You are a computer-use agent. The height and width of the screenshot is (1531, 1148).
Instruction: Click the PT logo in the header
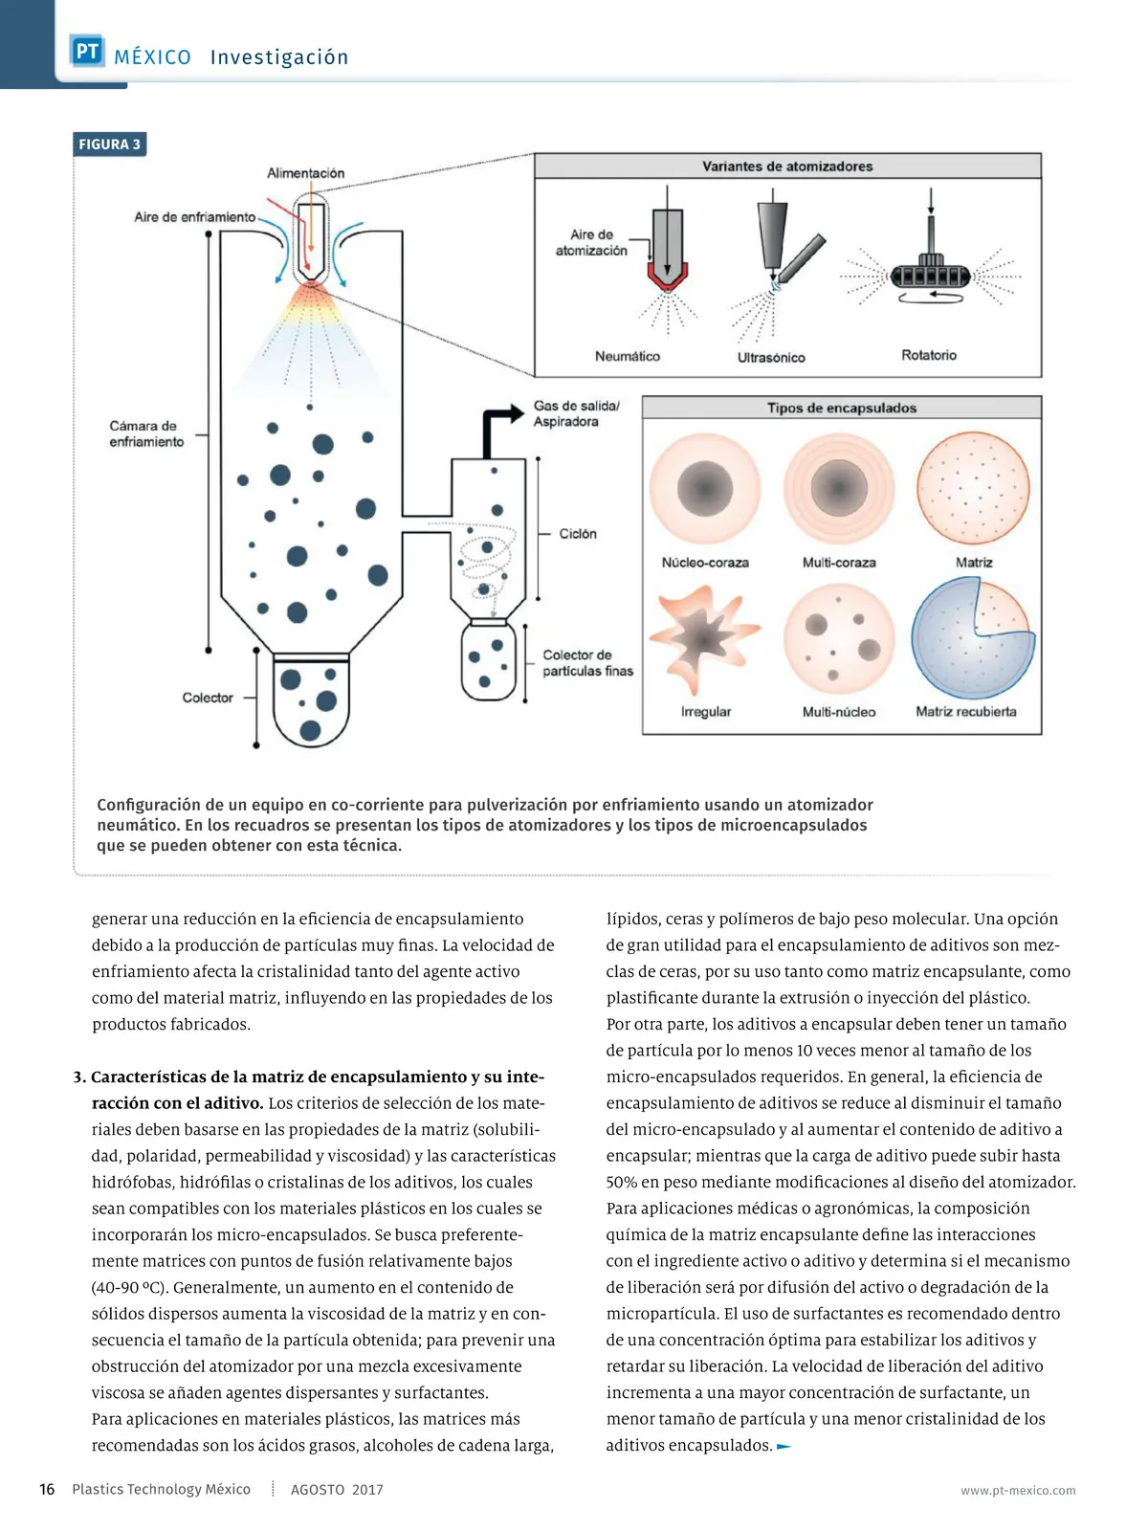click(87, 50)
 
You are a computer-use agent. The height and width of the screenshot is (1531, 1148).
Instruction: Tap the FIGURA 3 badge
click(109, 144)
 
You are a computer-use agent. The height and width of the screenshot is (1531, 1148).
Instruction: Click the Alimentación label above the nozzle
click(305, 173)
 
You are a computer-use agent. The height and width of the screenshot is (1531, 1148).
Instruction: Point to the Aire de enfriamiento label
click(194, 217)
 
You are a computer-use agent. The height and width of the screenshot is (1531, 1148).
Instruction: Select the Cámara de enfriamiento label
click(146, 433)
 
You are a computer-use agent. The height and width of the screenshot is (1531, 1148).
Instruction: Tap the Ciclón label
click(578, 534)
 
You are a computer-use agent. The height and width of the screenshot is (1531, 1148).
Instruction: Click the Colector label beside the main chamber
click(208, 698)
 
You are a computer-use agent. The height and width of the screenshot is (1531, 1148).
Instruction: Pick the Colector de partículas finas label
click(587, 662)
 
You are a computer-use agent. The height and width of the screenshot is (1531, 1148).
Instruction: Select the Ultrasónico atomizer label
click(771, 357)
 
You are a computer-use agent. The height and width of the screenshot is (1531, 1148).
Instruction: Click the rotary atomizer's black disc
click(930, 277)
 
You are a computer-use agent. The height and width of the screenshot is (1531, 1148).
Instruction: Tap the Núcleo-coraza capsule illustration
click(705, 488)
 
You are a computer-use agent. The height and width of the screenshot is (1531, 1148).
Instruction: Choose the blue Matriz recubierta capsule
click(973, 638)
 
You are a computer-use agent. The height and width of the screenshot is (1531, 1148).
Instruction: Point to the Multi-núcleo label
click(839, 712)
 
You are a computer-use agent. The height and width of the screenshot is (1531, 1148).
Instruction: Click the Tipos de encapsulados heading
click(841, 408)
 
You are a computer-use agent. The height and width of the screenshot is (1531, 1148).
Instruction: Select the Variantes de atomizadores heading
click(787, 166)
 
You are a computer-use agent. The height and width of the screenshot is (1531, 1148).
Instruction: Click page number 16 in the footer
click(47, 1489)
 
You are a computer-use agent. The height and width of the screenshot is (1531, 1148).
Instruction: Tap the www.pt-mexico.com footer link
click(1018, 1491)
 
